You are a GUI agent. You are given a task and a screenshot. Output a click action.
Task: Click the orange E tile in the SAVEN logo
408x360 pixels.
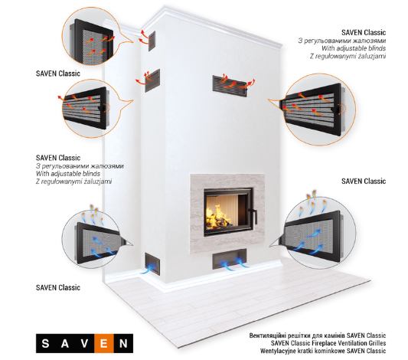coord(104,343)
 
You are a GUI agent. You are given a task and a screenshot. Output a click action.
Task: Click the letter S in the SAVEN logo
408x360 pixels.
coord(45,344)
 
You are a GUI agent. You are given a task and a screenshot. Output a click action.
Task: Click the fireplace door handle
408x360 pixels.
coord(253,214)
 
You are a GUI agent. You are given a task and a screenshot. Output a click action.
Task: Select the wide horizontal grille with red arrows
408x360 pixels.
coord(230,86)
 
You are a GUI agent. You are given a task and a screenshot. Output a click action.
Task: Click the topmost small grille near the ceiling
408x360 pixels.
coord(152,41)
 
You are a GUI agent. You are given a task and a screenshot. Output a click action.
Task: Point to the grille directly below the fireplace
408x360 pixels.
coord(230,259)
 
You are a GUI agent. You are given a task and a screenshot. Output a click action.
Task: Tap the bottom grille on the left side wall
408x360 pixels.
coord(152,263)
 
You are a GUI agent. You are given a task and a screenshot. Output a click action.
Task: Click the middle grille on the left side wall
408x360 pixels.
coord(152,80)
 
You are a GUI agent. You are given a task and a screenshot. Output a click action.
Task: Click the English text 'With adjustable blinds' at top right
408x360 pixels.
coord(354,48)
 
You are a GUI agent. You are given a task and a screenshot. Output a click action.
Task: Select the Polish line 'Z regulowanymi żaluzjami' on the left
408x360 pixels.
coord(74,182)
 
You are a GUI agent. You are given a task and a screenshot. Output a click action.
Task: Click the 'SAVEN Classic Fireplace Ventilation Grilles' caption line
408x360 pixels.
coord(328,343)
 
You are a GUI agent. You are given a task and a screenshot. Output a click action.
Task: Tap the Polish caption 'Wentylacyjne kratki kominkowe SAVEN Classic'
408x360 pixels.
coord(323,351)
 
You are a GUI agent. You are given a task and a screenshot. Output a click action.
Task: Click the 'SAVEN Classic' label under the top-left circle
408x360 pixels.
coord(58,74)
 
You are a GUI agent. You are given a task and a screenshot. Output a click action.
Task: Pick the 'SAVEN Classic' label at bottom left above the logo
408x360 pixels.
coord(58,288)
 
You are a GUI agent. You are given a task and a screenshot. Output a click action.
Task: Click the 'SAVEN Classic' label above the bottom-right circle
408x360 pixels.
coord(364,182)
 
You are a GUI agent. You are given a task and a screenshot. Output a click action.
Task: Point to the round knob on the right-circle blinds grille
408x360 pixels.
coord(337,109)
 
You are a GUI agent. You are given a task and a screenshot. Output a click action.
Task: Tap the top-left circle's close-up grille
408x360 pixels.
coord(92,41)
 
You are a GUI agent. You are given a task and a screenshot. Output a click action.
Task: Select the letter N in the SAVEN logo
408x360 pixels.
coord(123,344)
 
